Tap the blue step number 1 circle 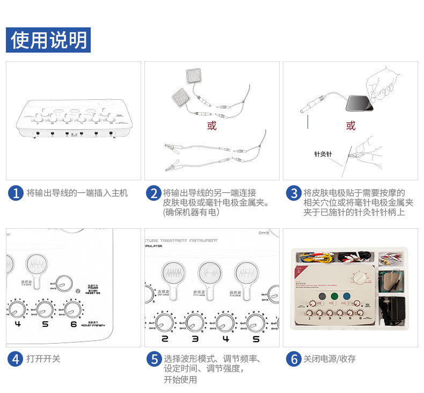pos(16,193)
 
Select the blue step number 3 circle pos(293,193)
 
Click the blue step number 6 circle pos(293,359)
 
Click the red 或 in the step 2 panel pos(212,126)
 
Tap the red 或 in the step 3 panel pos(350,126)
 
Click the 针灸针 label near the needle pos(323,155)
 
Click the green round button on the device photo pos(334,296)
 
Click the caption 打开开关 pos(43,359)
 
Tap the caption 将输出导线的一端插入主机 pos(77,193)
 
